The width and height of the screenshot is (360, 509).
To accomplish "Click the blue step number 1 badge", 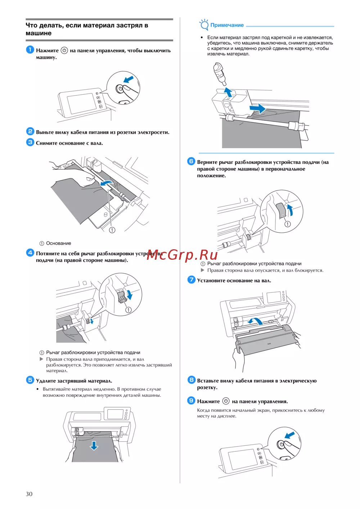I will tap(30, 50).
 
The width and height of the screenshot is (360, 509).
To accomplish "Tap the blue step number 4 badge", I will tap(30, 253).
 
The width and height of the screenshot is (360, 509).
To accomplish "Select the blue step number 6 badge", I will tap(191, 161).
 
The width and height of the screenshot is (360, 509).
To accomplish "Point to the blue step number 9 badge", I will tap(191, 400).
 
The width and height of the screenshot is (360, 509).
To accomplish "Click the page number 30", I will tap(29, 494).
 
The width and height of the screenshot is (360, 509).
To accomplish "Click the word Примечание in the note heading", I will tap(227, 25).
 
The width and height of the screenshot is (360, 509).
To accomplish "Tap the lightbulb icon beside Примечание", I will tap(204, 24).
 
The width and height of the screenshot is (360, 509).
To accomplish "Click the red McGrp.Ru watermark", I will tap(182, 255).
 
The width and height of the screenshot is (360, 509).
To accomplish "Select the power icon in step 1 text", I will tap(64, 50).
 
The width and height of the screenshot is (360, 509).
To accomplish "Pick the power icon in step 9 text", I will tap(226, 401).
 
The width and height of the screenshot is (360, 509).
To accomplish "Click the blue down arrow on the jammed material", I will tap(94, 445).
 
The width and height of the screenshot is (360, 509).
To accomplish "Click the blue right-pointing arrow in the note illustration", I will tap(257, 108).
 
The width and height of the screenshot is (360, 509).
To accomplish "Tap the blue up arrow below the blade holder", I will tap(228, 92).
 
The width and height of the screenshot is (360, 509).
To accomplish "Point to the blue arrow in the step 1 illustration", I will tap(128, 79).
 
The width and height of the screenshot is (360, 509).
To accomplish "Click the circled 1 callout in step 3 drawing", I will tap(112, 230).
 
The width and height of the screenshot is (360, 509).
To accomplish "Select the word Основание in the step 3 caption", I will tap(59, 244).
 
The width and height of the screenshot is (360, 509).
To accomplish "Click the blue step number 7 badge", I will tap(191, 280).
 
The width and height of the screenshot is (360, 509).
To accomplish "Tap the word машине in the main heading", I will tap(39, 33).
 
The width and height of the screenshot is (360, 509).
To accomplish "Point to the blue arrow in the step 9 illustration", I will tap(289, 435).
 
